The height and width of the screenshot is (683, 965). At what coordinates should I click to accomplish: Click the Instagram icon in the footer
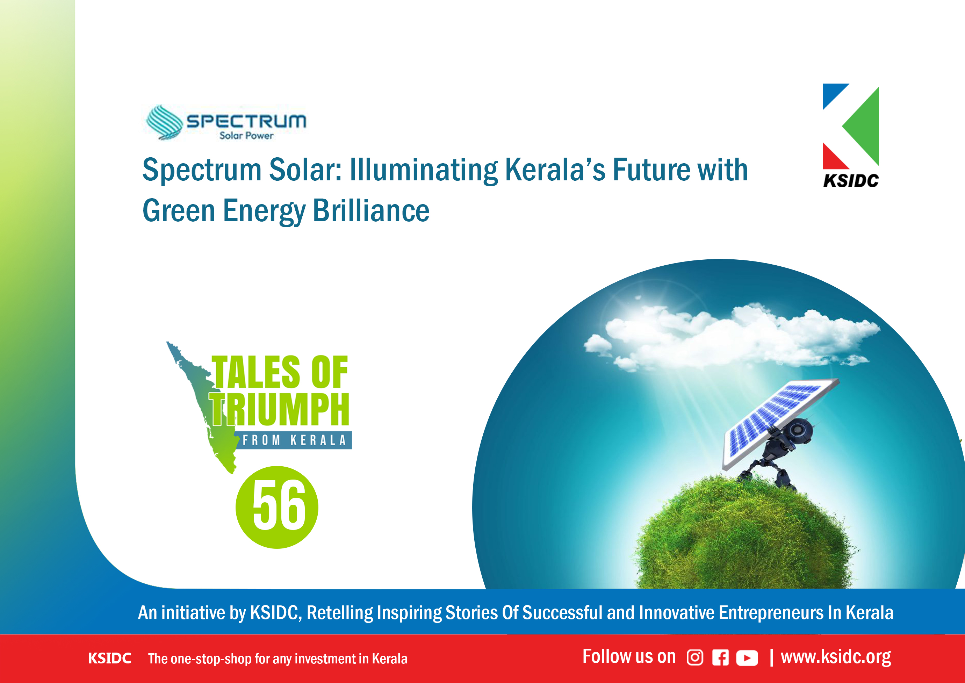[694, 658]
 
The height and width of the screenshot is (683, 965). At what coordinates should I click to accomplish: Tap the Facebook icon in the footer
[720, 658]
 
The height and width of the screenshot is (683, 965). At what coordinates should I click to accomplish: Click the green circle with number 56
[277, 507]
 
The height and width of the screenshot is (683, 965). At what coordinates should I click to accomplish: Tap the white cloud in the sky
[732, 337]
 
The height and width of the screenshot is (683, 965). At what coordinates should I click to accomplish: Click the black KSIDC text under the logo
[851, 181]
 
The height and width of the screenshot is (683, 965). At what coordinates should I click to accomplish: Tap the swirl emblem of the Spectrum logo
[164, 122]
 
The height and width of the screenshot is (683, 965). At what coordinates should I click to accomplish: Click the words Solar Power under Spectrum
[246, 135]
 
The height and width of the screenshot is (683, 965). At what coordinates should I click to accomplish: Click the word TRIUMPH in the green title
[280, 409]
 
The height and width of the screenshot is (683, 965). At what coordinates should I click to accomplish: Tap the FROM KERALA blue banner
[294, 440]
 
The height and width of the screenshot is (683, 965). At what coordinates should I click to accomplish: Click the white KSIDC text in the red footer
[110, 659]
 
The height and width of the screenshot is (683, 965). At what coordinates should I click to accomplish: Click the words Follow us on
[629, 656]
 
